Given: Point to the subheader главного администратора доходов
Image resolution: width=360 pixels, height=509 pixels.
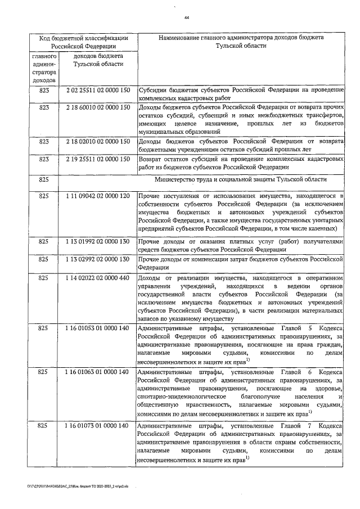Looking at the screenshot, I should point(44,69).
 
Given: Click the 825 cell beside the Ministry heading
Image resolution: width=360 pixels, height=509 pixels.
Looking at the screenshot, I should point(44,179).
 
